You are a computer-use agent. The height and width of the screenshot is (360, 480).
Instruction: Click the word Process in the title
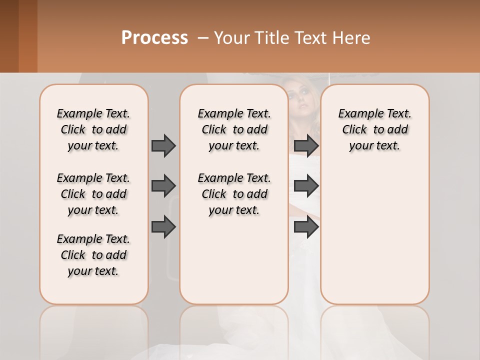[x=154, y=38]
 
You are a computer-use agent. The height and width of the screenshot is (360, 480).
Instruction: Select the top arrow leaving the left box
[x=163, y=145]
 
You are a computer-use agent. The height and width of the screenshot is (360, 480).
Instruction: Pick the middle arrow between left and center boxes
[x=163, y=186]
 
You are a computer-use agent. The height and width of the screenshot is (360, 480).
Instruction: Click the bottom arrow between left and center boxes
[x=163, y=227]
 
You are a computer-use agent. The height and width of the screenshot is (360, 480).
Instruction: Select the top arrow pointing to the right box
[x=306, y=145]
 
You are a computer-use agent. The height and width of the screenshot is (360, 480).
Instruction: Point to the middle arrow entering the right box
[x=306, y=186]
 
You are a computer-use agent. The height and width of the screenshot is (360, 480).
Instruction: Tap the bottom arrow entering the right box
[x=306, y=227]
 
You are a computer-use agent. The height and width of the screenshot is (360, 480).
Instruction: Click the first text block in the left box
[x=93, y=129]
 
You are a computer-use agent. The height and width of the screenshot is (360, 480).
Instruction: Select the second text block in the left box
[x=93, y=194]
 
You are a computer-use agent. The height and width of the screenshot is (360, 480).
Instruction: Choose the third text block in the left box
[x=93, y=255]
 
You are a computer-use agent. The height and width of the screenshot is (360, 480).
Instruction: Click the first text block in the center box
[x=234, y=129]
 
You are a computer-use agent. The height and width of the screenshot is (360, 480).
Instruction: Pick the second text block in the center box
[x=234, y=194]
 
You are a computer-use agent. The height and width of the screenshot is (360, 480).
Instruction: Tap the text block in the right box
[x=375, y=129]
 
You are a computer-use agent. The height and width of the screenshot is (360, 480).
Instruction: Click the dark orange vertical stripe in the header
[x=28, y=36]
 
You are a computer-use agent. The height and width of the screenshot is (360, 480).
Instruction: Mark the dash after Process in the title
[x=202, y=38]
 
